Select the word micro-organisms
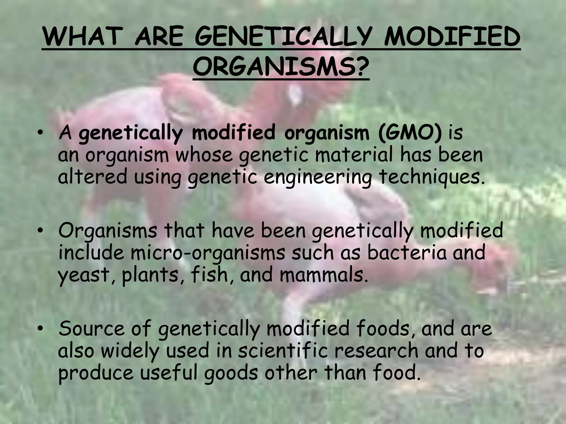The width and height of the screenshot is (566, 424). [x=208, y=253]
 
